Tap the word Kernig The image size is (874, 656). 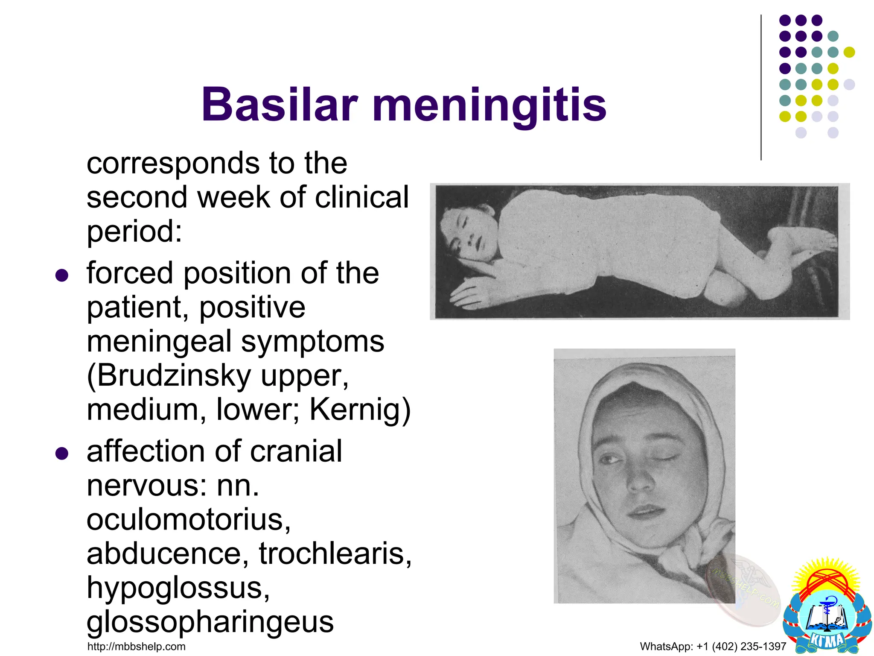click(355, 409)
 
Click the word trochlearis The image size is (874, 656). click(335, 553)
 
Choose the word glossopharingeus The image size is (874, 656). click(210, 622)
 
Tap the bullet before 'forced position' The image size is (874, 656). click(62, 275)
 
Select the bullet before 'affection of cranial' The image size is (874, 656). click(62, 454)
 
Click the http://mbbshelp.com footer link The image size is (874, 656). click(136, 647)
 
